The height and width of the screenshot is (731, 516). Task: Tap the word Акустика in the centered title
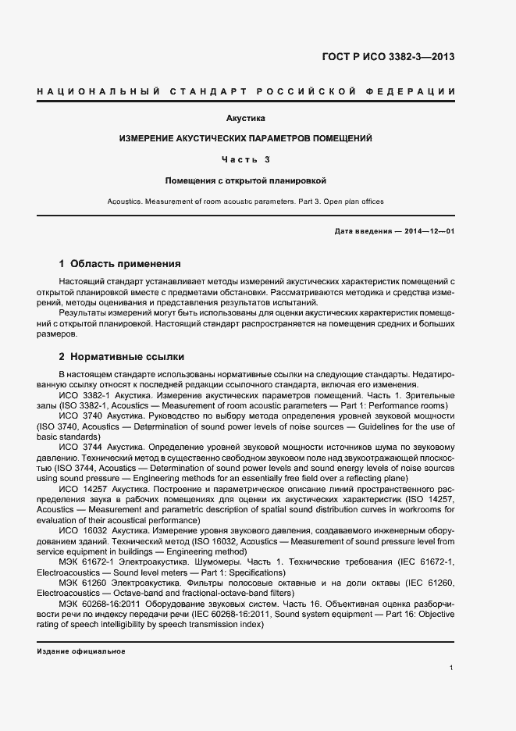[x=246, y=119]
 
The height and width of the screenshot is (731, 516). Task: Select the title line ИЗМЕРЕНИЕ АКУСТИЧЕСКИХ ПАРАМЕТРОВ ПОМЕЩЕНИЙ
[x=246, y=138]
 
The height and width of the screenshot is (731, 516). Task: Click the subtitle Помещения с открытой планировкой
[x=246, y=180]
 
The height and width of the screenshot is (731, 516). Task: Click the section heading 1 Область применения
[x=119, y=264]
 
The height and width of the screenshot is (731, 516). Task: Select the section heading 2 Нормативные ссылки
[x=122, y=357]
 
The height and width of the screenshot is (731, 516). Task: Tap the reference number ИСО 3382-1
[x=84, y=396]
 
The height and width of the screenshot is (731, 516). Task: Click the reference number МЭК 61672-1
[x=89, y=562]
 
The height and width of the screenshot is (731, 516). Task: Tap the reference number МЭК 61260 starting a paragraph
[x=85, y=583]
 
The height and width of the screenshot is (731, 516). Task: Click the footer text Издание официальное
[x=81, y=651]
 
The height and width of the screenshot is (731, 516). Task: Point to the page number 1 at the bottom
[x=452, y=668]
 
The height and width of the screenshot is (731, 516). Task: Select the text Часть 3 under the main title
[x=246, y=159]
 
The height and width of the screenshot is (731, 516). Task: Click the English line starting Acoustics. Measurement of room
[x=246, y=201]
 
